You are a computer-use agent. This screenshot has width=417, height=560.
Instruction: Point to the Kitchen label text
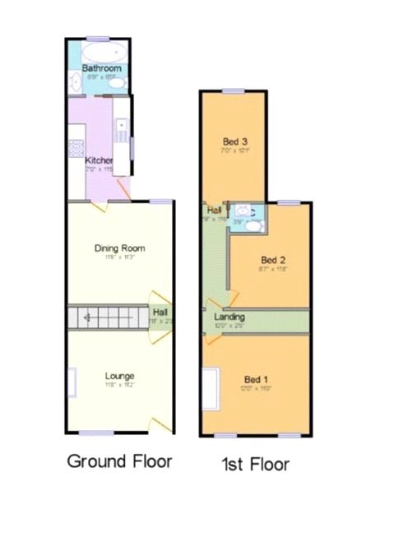[100, 160]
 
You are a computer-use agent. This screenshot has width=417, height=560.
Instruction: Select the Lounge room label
[119, 376]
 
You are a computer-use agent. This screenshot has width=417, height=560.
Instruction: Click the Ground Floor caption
[119, 460]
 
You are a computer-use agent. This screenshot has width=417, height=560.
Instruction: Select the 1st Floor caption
[255, 465]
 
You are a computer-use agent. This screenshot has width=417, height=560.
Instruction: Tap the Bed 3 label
[234, 139]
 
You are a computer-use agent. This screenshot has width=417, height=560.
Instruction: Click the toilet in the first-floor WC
[243, 211]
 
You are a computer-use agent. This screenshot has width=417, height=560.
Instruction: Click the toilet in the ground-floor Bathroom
[117, 82]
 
